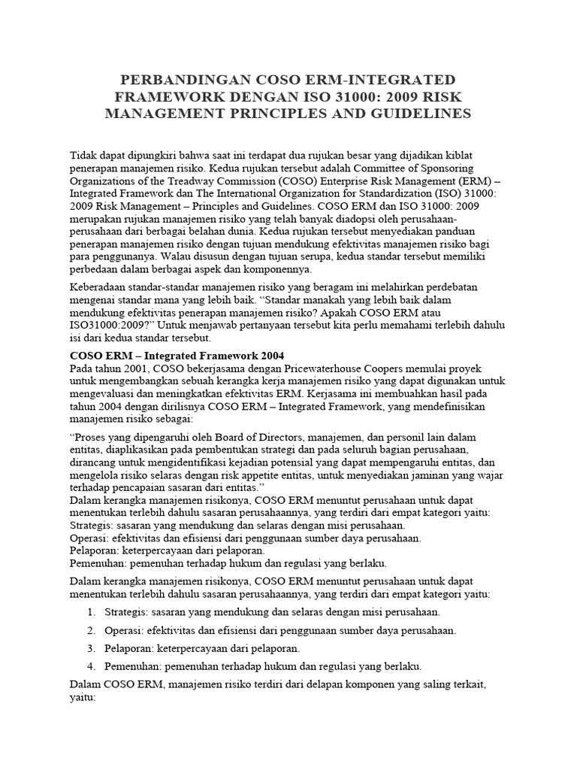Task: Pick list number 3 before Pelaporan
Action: coord(91,648)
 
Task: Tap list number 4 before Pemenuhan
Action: coord(91,665)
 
